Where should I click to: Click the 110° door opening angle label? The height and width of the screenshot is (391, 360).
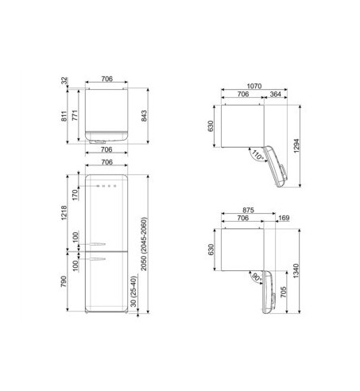(x=257, y=157)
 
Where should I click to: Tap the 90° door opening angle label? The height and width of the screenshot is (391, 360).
(x=257, y=278)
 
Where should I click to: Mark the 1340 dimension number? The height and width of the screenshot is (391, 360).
(x=296, y=272)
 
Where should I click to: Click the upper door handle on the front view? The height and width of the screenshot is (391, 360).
(x=98, y=241)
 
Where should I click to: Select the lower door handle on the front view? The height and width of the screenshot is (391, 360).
(x=98, y=258)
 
